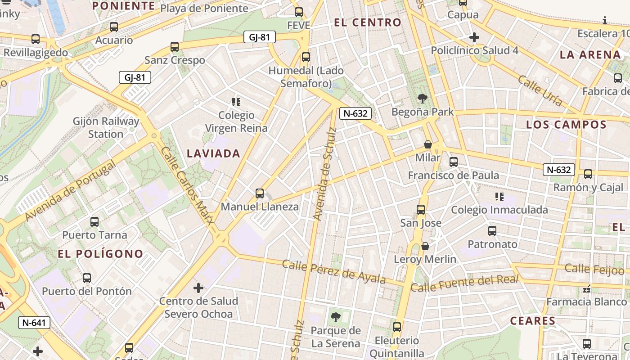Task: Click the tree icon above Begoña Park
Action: [422, 99]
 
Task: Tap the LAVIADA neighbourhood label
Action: [213, 153]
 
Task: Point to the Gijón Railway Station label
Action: [106, 128]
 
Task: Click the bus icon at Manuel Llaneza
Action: [260, 193]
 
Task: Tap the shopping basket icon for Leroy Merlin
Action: [425, 246]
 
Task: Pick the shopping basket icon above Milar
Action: [428, 144]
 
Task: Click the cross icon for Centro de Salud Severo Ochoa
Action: [198, 288]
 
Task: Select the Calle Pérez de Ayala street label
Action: [333, 271]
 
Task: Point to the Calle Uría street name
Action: [540, 91]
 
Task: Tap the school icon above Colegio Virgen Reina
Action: [236, 102]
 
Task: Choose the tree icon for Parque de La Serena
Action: [335, 318]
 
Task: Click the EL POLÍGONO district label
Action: [100, 254]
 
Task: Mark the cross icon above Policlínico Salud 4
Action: [474, 37]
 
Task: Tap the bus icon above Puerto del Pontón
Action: [87, 278]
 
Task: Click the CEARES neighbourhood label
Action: [533, 321]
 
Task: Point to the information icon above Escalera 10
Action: [605, 20]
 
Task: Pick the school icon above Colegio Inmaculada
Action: [499, 197]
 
